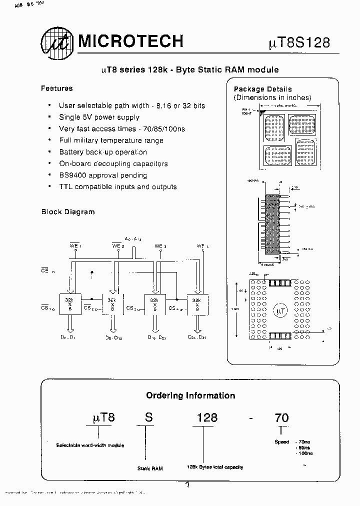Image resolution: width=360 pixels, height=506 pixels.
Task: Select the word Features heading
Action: point(56,88)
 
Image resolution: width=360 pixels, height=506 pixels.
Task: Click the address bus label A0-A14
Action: point(133,239)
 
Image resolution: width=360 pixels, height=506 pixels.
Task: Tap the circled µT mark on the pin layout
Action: point(280,311)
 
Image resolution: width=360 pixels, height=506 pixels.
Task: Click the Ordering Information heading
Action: point(190,395)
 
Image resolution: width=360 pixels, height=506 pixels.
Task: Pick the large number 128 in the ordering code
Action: point(206,417)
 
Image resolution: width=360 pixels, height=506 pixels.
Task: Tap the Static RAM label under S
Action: point(150,468)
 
